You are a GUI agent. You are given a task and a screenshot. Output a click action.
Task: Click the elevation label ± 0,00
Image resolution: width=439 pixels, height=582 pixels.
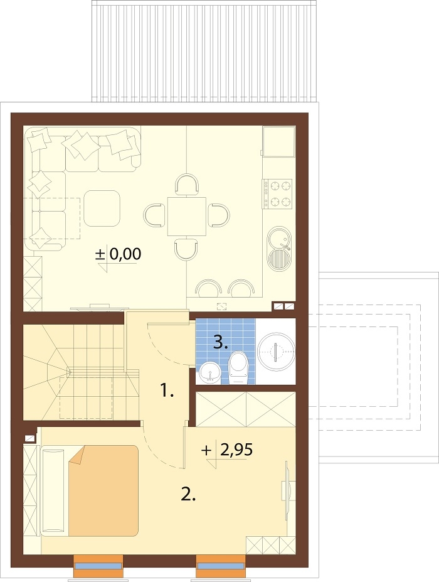click(119, 254)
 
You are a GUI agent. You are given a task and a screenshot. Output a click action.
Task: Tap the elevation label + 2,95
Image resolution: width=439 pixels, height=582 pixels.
click(227, 450)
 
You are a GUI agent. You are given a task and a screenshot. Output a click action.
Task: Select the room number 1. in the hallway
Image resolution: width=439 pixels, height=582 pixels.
click(167, 391)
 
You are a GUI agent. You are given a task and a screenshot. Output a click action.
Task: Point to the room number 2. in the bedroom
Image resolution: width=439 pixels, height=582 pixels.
click(188, 494)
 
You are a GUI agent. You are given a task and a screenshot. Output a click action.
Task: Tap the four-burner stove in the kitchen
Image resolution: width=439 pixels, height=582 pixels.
click(278, 193)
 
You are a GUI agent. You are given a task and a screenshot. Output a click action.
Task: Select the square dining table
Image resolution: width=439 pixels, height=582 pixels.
click(186, 217)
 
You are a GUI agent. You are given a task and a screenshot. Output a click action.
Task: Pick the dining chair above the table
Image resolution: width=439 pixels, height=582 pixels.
click(187, 185)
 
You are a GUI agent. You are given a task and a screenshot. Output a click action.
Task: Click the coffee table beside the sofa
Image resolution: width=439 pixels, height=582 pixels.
click(102, 208)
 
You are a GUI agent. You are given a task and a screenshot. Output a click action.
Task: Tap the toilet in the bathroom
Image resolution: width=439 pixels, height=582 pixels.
click(238, 368)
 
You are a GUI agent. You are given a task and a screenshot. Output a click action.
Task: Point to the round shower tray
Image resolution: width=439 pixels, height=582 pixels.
click(276, 351)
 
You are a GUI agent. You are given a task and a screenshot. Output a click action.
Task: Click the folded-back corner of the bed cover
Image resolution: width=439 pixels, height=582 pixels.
click(77, 455)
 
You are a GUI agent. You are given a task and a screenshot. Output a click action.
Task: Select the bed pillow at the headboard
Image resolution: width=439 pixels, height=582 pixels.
click(53, 492)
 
